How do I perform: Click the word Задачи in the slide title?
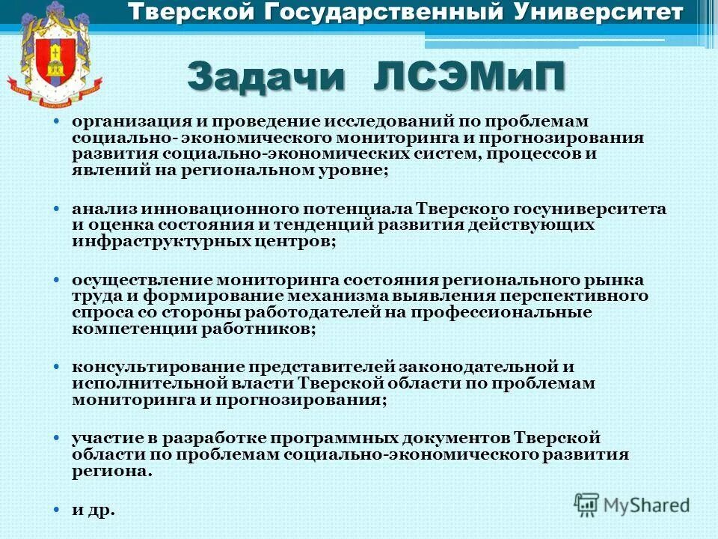coord(266,78)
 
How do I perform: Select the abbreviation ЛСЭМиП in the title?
coord(466,78)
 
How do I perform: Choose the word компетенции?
coord(127,329)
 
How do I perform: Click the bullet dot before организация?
coord(57,121)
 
